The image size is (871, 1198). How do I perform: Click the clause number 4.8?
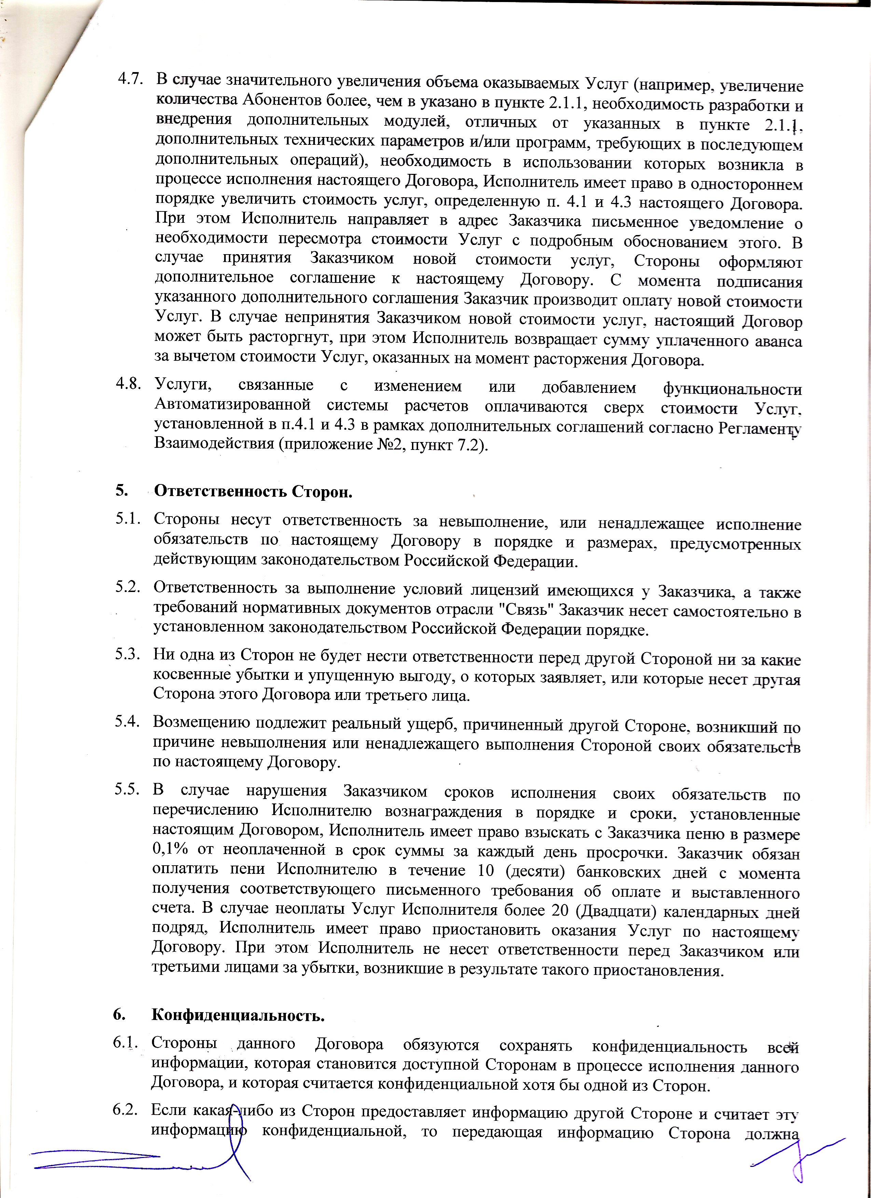[128, 384]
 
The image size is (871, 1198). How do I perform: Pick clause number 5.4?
[127, 721]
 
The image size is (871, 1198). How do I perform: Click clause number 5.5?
[127, 790]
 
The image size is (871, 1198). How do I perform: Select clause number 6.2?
[125, 1110]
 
